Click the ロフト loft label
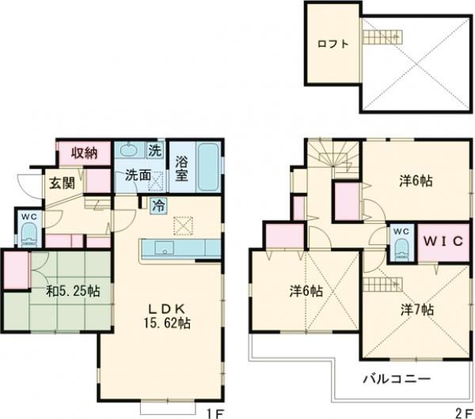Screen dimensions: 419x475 (333, 44)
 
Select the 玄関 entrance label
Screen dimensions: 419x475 (63, 185)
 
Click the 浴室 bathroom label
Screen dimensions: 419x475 (180, 168)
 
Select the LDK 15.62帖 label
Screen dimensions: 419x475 (168, 315)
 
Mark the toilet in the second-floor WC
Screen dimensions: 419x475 (401, 247)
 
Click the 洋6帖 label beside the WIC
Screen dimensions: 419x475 (415, 180)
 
